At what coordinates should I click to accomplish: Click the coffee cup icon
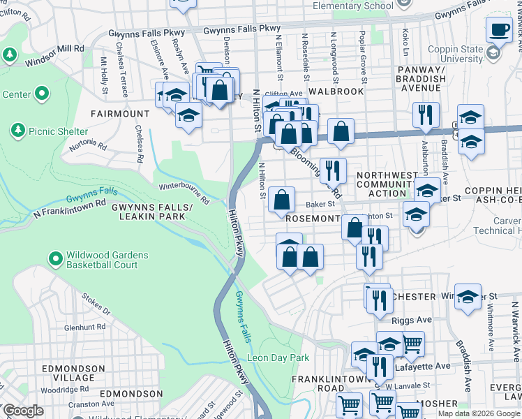[498, 30]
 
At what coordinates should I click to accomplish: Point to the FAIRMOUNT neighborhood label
[120, 113]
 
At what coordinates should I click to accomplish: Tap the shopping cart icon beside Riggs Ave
[412, 343]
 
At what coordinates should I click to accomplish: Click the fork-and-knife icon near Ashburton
[426, 115]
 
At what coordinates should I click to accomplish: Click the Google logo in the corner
[22, 411]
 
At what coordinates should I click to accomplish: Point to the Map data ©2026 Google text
[479, 413]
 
